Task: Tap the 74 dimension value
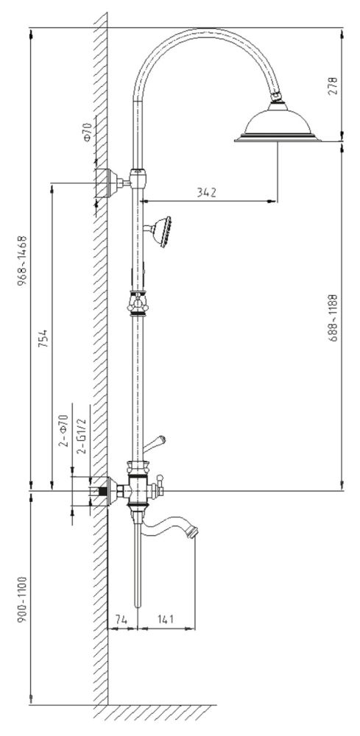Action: [122, 620]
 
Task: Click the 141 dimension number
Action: [166, 620]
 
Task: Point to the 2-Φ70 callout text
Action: [64, 431]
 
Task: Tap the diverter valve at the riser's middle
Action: [136, 302]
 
